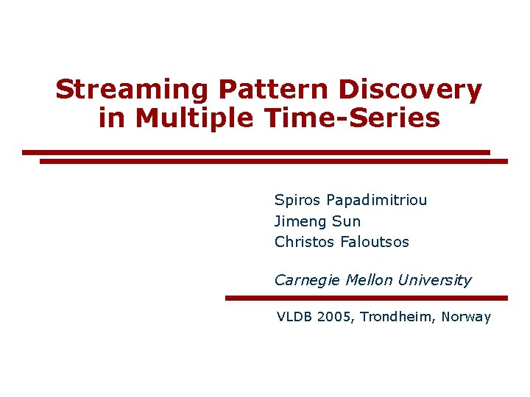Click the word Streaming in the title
132,90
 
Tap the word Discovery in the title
410,90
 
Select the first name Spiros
298,200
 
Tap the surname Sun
347,221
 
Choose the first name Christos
305,242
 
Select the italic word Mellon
367,280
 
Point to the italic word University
434,280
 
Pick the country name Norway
467,318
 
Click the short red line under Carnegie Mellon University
366,298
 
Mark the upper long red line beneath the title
255,152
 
